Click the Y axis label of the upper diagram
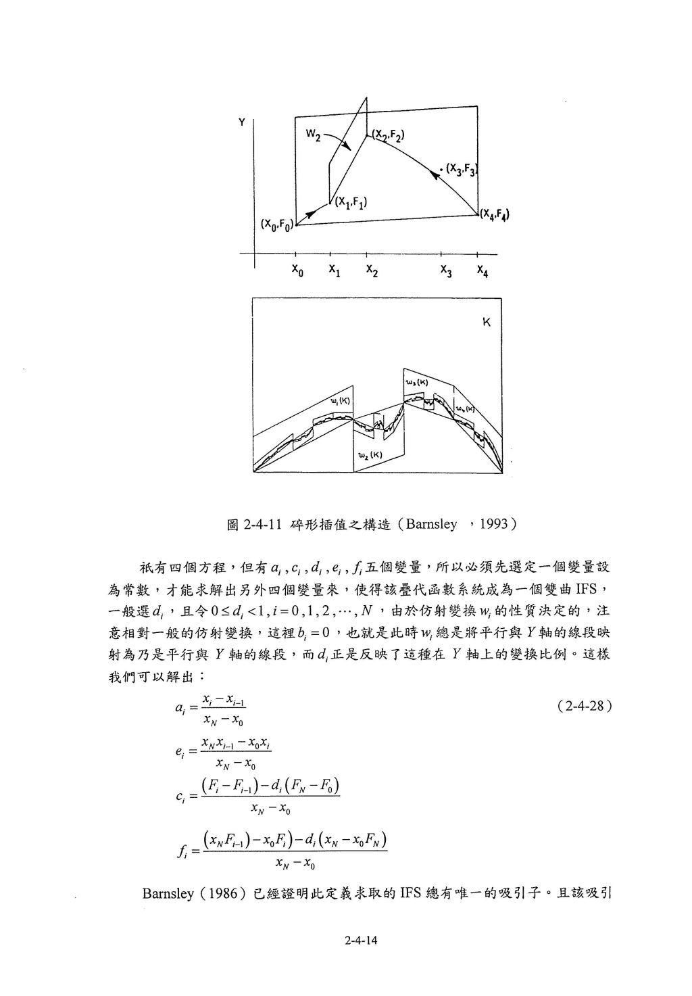241,122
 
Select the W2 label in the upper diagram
312,134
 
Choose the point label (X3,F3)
462,170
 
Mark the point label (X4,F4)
495,215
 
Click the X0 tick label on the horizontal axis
297,270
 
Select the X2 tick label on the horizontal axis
372,270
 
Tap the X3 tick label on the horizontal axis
447,270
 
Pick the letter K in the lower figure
486,323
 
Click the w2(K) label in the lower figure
370,454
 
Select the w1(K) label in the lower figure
339,402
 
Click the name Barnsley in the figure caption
432,525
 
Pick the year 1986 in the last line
223,893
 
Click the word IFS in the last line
411,893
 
